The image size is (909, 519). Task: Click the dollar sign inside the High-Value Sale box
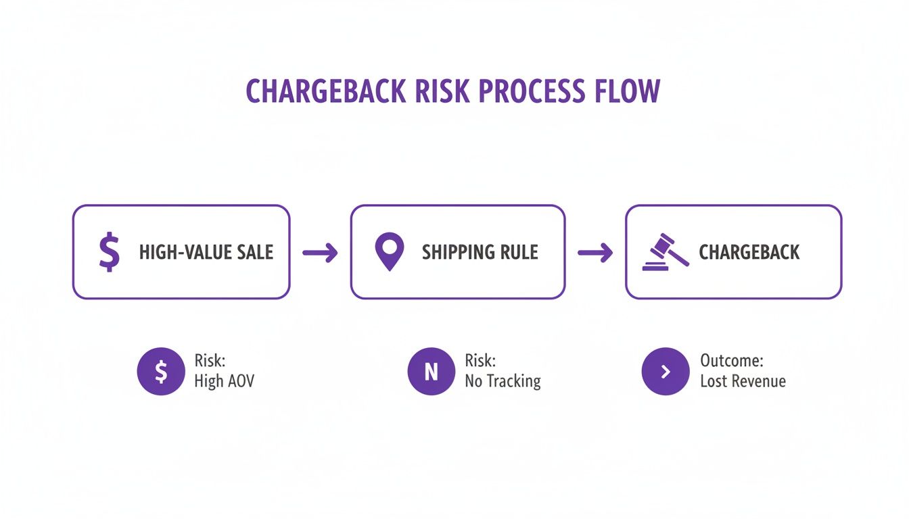click(108, 252)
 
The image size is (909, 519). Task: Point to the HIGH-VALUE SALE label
click(206, 253)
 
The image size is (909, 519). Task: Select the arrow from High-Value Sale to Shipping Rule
click(320, 253)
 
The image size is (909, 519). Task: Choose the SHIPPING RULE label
click(480, 253)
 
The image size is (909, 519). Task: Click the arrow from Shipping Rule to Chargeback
click(595, 253)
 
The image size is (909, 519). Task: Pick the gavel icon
click(665, 251)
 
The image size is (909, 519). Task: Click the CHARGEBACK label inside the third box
click(749, 253)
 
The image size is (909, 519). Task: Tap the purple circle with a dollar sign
click(160, 371)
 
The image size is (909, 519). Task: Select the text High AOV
click(224, 381)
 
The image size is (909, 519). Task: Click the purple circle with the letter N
click(431, 371)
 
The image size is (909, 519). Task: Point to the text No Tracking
click(503, 381)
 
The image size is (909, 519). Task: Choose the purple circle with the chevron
click(665, 371)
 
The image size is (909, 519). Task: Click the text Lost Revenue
click(743, 381)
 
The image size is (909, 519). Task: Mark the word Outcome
click(731, 360)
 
